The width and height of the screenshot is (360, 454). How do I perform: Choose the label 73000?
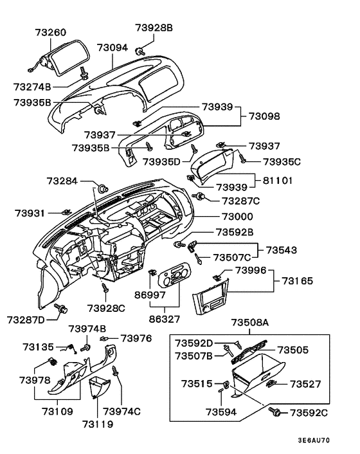(x=238, y=217)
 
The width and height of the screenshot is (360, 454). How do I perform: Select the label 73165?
(x=298, y=280)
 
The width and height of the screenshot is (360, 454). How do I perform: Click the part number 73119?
(x=98, y=424)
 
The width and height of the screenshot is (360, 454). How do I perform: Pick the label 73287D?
(x=26, y=320)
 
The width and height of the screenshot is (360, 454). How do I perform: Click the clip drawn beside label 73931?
(x=66, y=212)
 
